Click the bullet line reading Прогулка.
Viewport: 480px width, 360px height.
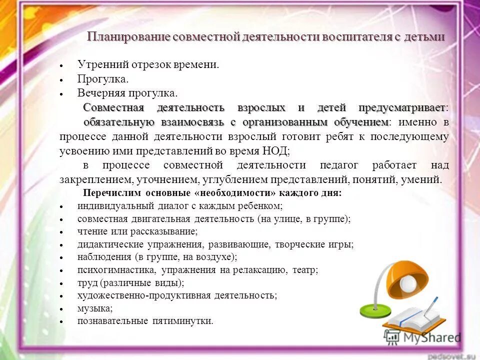[x=103, y=79]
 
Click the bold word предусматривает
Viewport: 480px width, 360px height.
[x=402, y=108]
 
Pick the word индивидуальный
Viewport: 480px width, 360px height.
[x=108, y=206]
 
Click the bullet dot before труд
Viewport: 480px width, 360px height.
[x=60, y=284]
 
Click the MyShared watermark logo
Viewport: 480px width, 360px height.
[x=422, y=337]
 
